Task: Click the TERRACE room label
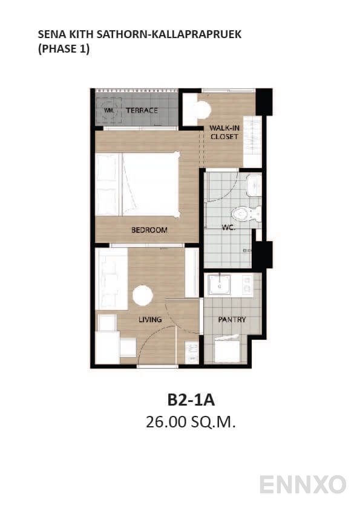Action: click(x=142, y=111)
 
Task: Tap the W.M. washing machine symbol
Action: click(x=109, y=111)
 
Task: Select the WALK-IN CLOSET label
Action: click(x=224, y=132)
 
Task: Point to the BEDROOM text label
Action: click(x=149, y=230)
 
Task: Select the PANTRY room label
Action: click(x=232, y=319)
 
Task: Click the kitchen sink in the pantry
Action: click(x=219, y=285)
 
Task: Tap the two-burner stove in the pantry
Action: click(x=247, y=285)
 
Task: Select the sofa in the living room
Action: click(x=112, y=275)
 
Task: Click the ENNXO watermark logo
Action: click(x=303, y=484)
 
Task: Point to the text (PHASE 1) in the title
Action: click(x=64, y=50)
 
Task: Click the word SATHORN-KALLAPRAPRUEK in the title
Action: click(x=175, y=34)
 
